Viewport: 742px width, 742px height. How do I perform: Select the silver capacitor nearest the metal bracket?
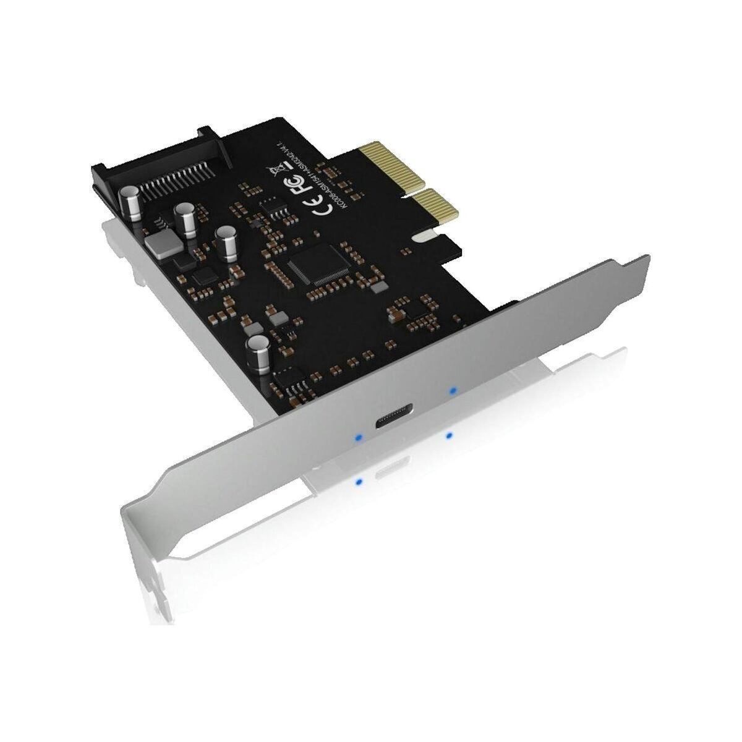(x=256, y=354)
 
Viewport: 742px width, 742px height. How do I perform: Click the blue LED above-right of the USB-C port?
(x=453, y=391)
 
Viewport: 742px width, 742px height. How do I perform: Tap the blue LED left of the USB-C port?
(x=357, y=438)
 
